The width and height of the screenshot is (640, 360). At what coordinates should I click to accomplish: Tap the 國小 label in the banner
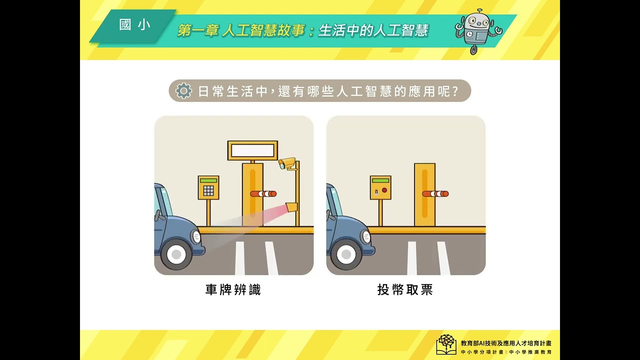pyautogui.click(x=134, y=25)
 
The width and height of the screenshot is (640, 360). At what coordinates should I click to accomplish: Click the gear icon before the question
pyautogui.click(x=183, y=91)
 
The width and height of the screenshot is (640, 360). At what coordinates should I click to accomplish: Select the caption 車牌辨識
pyautogui.click(x=233, y=289)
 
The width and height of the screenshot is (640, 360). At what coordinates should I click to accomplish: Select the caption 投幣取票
pyautogui.click(x=405, y=289)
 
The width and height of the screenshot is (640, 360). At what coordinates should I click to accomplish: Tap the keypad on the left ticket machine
pyautogui.click(x=208, y=190)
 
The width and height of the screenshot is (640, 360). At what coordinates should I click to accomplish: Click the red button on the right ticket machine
pyautogui.click(x=384, y=190)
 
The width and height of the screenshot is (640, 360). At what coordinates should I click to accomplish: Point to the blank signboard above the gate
pyautogui.click(x=252, y=150)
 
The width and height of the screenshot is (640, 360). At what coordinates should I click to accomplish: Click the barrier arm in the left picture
pyautogui.click(x=263, y=194)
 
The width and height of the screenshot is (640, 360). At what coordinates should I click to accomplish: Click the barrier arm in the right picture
pyautogui.click(x=435, y=194)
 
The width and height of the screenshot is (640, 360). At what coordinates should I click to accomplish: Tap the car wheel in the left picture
pyautogui.click(x=176, y=253)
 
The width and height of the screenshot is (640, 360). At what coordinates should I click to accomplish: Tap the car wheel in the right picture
pyautogui.click(x=346, y=253)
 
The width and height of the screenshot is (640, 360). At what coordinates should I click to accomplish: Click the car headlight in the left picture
pyautogui.click(x=197, y=237)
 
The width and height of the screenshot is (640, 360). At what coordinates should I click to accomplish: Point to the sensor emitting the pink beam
pyautogui.click(x=291, y=207)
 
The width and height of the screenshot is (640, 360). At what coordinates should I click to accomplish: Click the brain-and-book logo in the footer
pyautogui.click(x=446, y=344)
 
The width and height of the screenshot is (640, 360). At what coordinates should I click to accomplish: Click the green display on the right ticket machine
pyautogui.click(x=380, y=180)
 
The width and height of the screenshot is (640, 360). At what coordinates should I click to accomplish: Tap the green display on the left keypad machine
pyautogui.click(x=208, y=180)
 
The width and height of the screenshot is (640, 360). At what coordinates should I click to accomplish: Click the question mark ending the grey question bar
pyautogui.click(x=455, y=91)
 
